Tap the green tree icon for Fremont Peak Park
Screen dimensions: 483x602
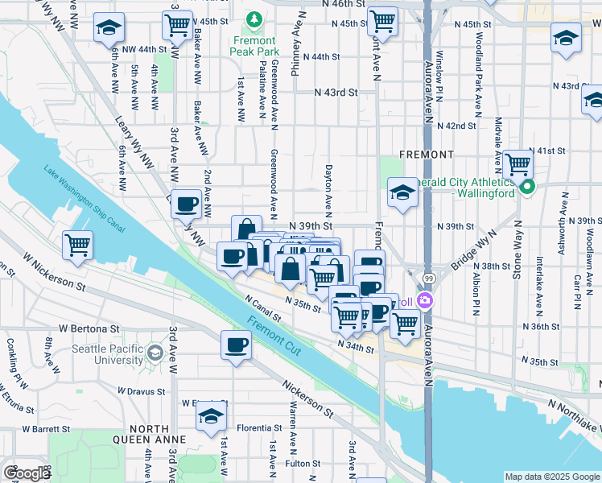point(254,18)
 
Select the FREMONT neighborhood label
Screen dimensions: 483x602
point(426,154)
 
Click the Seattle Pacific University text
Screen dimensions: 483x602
point(105,355)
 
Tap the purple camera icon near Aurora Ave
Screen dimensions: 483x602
point(424,301)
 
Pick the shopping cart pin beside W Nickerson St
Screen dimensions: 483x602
point(77,244)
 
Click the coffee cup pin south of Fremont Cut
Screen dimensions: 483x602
point(236,345)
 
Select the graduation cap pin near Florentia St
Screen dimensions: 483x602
point(211,416)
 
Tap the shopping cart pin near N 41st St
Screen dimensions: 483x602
point(519,163)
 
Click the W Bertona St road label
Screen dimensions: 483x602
point(89,329)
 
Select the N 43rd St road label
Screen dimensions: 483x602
point(336,93)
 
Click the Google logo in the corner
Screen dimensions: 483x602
point(27,473)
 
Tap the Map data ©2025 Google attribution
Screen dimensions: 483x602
point(550,477)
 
